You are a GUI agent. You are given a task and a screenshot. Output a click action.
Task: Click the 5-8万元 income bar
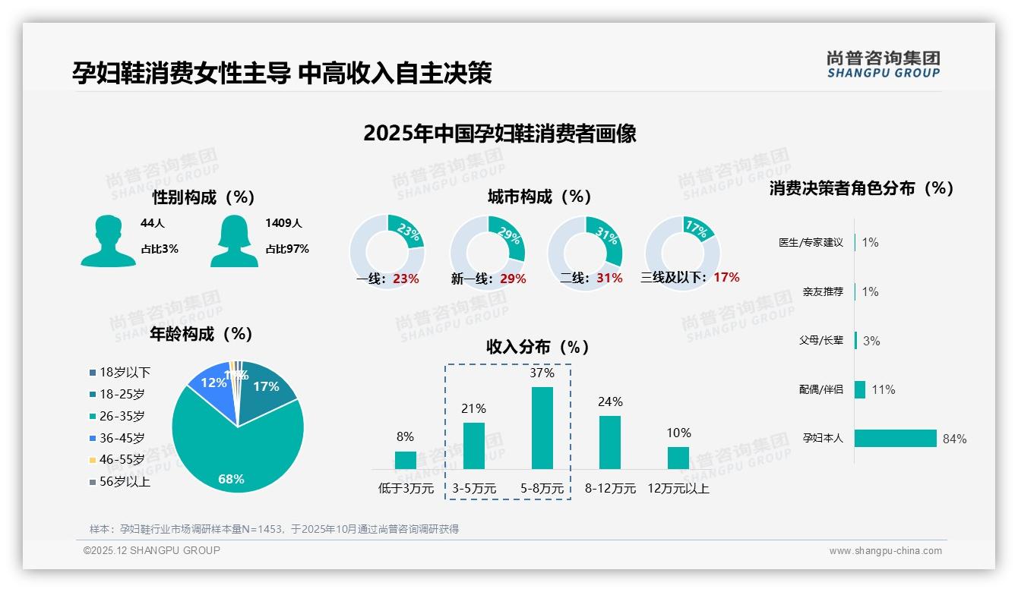542,428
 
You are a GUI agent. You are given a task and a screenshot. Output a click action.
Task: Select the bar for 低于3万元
406,460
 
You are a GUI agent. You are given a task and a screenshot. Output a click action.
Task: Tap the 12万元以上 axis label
678,489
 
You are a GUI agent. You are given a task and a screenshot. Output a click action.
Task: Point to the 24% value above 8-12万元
610,401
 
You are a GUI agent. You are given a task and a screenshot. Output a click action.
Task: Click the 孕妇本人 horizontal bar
896,439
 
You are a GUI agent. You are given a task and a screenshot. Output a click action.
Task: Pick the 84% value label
954,439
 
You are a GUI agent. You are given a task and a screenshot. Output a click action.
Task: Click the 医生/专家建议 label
811,242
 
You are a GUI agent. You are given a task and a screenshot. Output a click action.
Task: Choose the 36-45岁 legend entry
122,438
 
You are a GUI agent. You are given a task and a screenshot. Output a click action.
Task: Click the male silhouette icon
109,241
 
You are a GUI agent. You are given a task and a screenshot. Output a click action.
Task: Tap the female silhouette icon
234,241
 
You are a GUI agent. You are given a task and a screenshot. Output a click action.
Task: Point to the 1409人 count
283,223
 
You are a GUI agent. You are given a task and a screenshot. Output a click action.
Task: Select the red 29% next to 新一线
513,279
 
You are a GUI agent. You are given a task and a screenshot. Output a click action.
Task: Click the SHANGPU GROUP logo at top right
884,65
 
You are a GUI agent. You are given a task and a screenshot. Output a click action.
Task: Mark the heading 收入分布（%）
538,347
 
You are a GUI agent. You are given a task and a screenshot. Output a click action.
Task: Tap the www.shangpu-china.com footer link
885,551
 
